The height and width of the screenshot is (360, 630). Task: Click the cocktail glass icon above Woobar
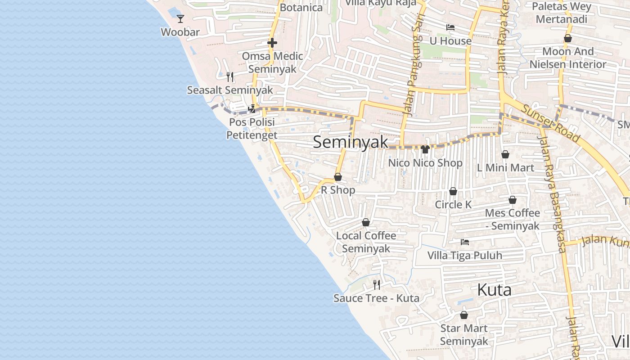180,18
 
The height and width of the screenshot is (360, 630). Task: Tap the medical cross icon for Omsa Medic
272,43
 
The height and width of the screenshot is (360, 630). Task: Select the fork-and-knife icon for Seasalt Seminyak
230,76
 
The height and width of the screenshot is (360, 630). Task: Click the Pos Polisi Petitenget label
252,129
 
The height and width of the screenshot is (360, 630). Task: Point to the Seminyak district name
350,142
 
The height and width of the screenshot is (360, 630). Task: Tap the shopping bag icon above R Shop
338,177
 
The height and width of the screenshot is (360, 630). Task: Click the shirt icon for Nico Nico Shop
425,149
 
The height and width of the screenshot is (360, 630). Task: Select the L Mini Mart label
505,168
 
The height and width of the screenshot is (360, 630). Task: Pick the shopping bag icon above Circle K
453,191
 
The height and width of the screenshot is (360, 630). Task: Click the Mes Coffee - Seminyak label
513,219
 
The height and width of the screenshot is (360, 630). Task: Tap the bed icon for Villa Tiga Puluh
465,242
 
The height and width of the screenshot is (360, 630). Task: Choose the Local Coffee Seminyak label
366,242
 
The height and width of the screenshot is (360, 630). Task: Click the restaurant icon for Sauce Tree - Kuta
377,284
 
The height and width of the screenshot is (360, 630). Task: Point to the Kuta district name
494,290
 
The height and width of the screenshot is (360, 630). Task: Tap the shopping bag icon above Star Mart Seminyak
464,315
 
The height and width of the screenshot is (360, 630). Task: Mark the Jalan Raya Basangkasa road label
555,193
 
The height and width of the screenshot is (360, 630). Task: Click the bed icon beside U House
450,27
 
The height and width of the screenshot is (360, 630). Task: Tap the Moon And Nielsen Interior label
568,58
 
